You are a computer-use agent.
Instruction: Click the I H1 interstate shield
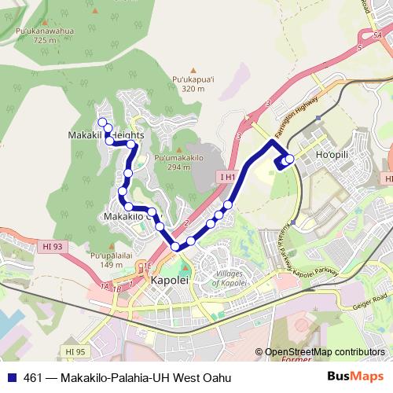pyautogui.click(x=228, y=177)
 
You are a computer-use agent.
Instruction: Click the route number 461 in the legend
pyautogui.click(x=32, y=377)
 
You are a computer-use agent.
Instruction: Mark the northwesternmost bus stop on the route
pyautogui.click(x=101, y=121)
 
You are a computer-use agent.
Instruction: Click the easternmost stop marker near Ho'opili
pyautogui.click(x=290, y=159)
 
